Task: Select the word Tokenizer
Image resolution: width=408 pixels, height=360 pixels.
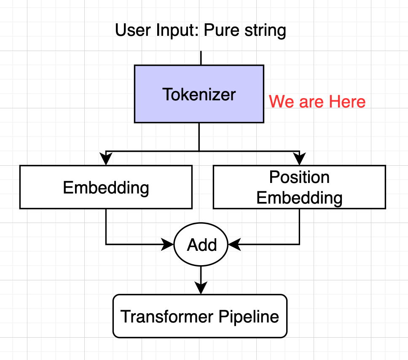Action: coord(199,94)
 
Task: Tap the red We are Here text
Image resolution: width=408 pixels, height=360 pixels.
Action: coord(317,102)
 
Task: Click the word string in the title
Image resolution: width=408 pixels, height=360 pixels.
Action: coord(264,30)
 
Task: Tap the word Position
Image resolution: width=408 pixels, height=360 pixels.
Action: coord(299,177)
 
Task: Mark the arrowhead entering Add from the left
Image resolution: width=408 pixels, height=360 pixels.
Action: coord(169,244)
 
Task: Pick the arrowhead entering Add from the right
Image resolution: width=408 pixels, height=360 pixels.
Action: coord(233,244)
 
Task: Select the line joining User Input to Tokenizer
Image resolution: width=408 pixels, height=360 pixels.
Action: coord(201,58)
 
